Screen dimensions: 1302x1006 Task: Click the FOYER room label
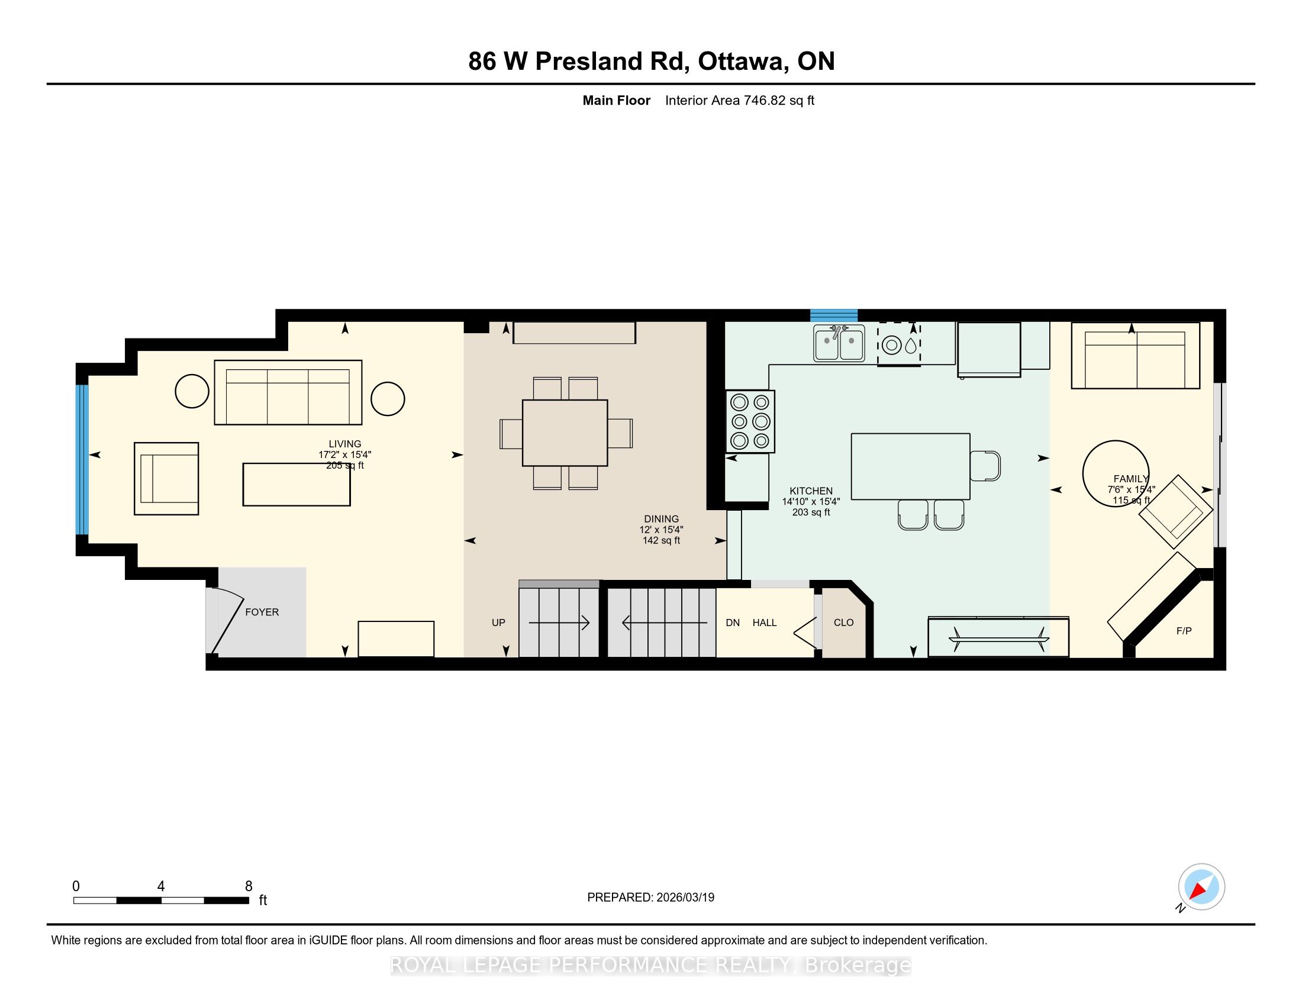pyautogui.click(x=262, y=612)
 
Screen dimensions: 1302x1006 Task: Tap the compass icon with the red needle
pyautogui.click(x=1201, y=886)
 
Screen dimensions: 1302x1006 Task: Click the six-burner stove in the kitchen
pyautogui.click(x=750, y=421)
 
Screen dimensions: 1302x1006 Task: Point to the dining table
pyautogui.click(x=565, y=433)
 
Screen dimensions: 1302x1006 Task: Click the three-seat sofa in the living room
pyautogui.click(x=288, y=392)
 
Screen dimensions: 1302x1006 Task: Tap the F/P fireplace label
pyautogui.click(x=1184, y=631)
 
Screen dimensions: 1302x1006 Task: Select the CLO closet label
pyautogui.click(x=843, y=622)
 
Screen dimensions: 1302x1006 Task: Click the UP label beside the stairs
pyautogui.click(x=498, y=622)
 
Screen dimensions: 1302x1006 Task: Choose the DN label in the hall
pyautogui.click(x=733, y=622)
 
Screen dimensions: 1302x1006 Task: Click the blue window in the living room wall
pyautogui.click(x=82, y=459)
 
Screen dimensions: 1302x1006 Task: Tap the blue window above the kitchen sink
pyautogui.click(x=833, y=315)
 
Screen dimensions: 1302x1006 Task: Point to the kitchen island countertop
pyautogui.click(x=910, y=466)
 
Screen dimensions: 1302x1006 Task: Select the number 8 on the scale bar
pyautogui.click(x=249, y=886)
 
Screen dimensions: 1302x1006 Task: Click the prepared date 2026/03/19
pyautogui.click(x=685, y=897)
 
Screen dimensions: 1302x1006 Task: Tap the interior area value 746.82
pyautogui.click(x=764, y=100)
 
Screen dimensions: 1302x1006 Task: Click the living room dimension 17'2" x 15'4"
pyautogui.click(x=344, y=454)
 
